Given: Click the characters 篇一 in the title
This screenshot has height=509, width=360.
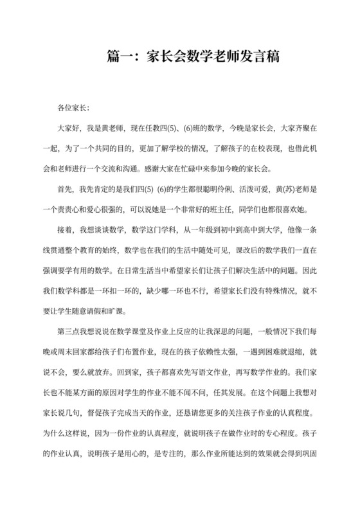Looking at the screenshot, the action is (118, 57).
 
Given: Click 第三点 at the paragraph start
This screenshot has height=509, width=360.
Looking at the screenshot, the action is (69, 330).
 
